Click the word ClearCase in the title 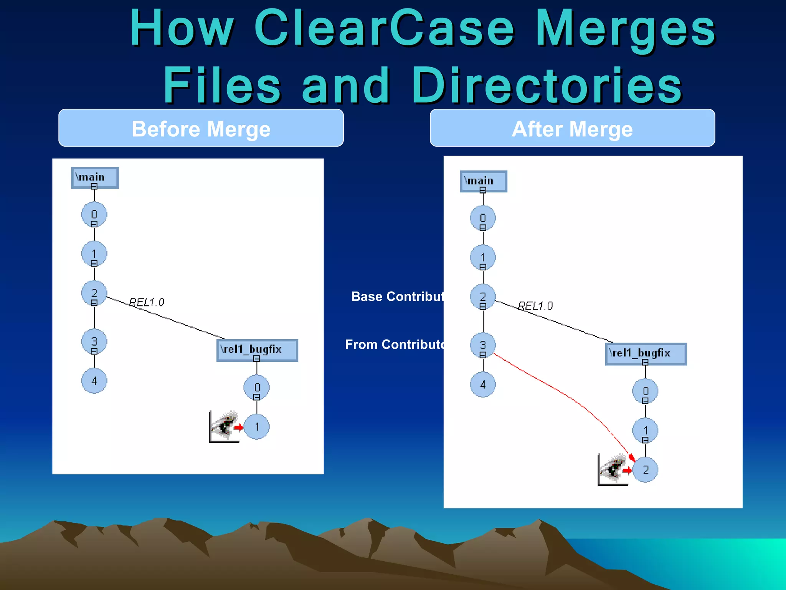(384, 29)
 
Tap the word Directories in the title (547, 85)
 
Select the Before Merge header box (201, 128)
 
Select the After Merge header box (572, 128)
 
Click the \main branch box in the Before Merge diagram (94, 177)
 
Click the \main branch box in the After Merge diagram (483, 181)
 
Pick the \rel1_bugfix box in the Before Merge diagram (257, 350)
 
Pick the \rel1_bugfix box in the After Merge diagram (646, 353)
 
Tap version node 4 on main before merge (94, 381)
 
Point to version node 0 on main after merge (483, 218)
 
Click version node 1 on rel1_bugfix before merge (257, 427)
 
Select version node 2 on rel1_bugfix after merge (645, 469)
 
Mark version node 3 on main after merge (483, 345)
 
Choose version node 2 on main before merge (94, 293)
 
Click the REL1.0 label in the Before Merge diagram (147, 302)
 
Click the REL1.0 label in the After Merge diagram (535, 306)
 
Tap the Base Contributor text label (397, 297)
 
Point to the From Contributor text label (395, 345)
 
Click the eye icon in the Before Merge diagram (225, 426)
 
